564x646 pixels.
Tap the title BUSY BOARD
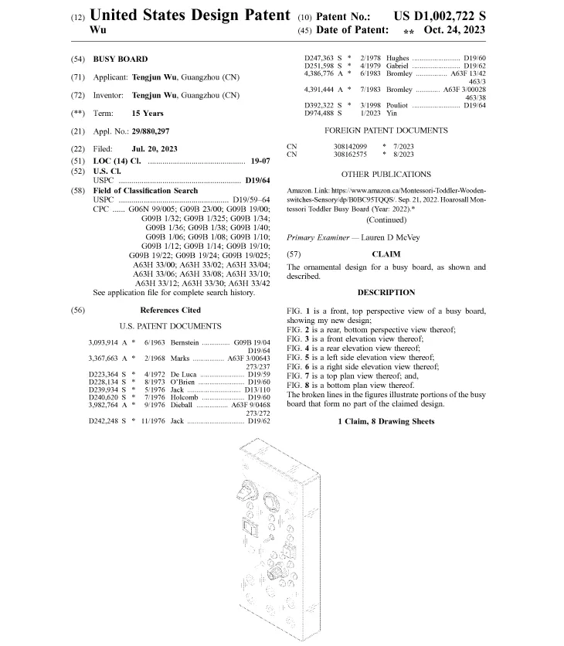coord(121,59)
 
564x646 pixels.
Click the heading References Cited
coord(170,310)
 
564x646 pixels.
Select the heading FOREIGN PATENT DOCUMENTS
coord(386,131)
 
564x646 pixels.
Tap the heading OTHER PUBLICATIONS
coord(386,175)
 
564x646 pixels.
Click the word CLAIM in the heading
coord(386,253)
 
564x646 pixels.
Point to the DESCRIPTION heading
coord(386,293)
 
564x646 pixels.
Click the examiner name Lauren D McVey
coord(390,237)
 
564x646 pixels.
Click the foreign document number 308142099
coord(350,145)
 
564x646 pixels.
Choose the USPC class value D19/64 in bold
coord(257,179)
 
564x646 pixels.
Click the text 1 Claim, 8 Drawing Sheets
coord(386,421)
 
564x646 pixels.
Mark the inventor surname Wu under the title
coord(97,29)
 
